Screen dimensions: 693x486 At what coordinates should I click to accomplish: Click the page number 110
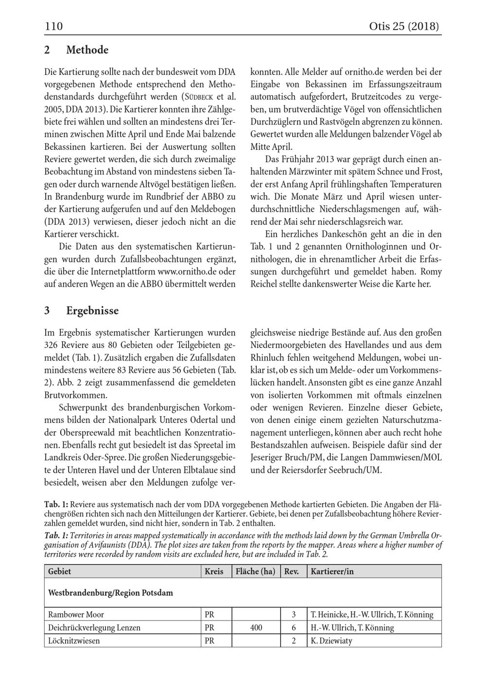pyautogui.click(x=54, y=26)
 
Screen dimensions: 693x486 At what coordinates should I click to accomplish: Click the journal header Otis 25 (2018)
pyautogui.click(x=404, y=26)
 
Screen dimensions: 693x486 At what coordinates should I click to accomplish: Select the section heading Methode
pyautogui.click(x=87, y=50)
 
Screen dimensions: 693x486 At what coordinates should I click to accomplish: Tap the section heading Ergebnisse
pyautogui.click(x=92, y=310)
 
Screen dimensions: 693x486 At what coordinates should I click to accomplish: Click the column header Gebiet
pyautogui.click(x=59, y=571)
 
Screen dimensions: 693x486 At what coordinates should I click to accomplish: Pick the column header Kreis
pyautogui.click(x=214, y=571)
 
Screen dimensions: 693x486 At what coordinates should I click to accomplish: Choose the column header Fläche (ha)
pyautogui.click(x=255, y=571)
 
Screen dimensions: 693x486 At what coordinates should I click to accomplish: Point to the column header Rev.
pyautogui.click(x=291, y=571)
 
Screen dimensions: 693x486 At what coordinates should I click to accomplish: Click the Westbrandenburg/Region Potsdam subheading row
pyautogui.click(x=110, y=593)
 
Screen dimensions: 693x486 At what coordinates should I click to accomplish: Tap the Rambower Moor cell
pyautogui.click(x=76, y=614)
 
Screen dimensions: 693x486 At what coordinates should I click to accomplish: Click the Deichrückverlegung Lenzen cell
pyautogui.click(x=94, y=627)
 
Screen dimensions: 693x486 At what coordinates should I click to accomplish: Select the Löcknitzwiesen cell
pyautogui.click(x=74, y=640)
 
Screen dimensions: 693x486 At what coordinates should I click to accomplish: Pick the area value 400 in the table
pyautogui.click(x=256, y=627)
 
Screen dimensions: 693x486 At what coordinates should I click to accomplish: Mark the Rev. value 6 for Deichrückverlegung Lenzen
pyautogui.click(x=294, y=627)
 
